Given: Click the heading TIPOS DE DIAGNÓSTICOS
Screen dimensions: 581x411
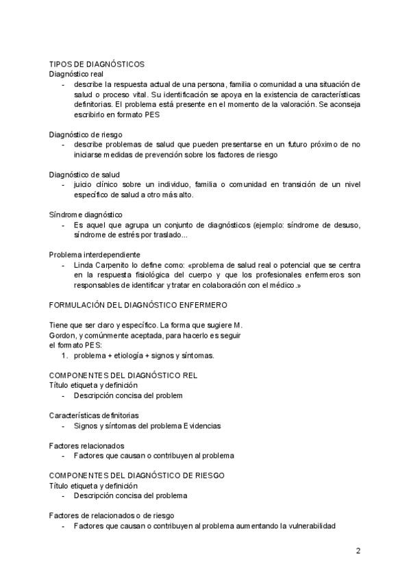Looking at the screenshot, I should pos(97,64).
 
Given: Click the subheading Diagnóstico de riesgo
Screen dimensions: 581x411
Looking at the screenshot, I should pos(86,134).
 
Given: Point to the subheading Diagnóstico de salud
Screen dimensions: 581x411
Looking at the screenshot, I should pos(85,174).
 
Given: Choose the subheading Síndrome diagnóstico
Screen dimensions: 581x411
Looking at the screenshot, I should pos(86,214).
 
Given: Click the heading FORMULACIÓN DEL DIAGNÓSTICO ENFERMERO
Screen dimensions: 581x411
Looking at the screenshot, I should pos(138,304).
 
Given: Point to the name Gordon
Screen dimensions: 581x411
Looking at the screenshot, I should pos(63,334).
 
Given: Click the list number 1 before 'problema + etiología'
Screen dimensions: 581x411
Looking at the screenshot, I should pos(64,356).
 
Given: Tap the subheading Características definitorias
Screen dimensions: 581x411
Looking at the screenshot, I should pos(94,415).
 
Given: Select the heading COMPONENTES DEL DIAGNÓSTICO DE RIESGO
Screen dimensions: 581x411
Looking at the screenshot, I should pos(138,475).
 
